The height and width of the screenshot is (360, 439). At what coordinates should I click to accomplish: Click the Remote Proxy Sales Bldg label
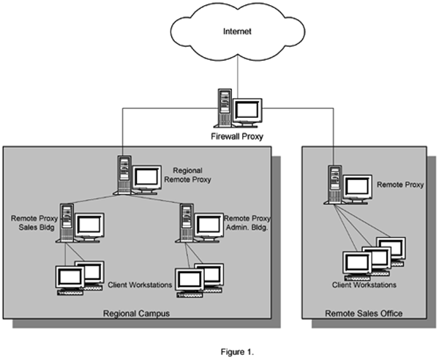point(31,222)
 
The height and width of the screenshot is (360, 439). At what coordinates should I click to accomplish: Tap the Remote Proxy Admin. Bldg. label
point(246,222)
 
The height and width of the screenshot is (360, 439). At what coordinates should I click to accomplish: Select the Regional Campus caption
point(137,313)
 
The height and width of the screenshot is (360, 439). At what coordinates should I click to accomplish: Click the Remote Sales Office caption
point(364,314)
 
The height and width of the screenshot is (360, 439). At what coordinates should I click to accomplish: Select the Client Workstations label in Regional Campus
point(140,284)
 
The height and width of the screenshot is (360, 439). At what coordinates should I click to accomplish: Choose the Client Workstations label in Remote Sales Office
point(364,285)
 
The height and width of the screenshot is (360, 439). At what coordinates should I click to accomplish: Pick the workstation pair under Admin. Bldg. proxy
point(198,278)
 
